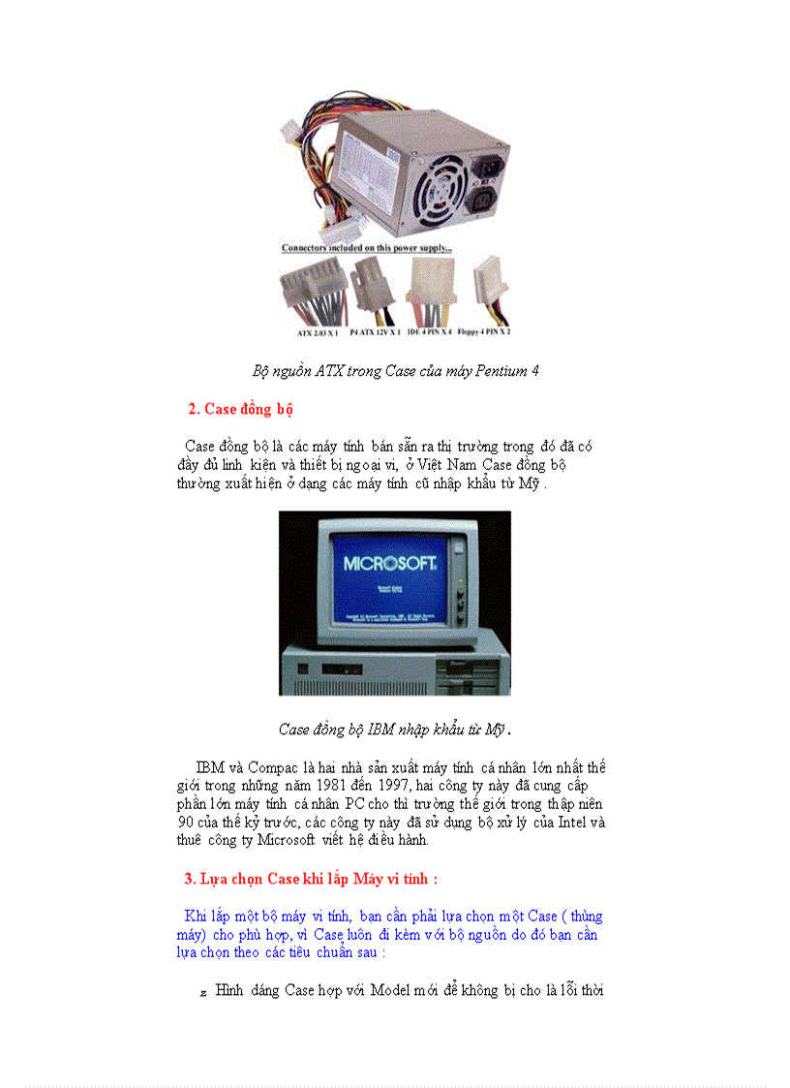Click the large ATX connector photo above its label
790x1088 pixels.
(x=312, y=289)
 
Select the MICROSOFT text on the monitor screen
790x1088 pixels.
(x=391, y=563)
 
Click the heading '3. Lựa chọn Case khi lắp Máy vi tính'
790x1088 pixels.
(x=311, y=879)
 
